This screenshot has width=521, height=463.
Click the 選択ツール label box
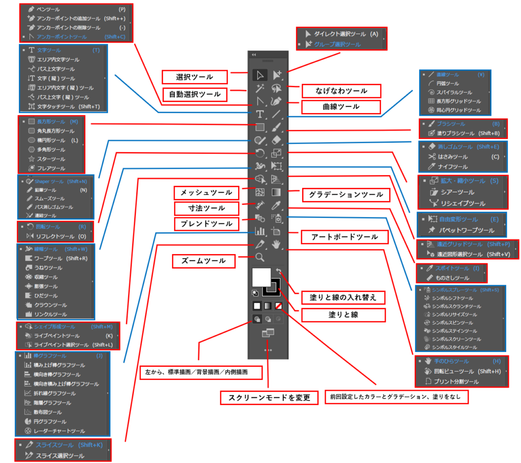click(x=195, y=77)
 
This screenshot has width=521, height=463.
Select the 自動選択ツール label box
click(x=195, y=94)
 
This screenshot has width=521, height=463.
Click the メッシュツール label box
click(x=206, y=193)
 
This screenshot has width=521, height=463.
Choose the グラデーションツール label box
click(x=342, y=194)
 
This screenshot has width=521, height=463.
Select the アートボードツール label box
click(x=342, y=236)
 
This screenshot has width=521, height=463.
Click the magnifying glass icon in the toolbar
click(x=260, y=257)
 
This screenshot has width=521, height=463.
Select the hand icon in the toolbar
click(x=277, y=245)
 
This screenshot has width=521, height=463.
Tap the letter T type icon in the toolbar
click(x=260, y=114)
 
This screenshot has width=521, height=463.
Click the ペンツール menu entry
click(x=48, y=9)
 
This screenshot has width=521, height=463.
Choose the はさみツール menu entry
click(x=453, y=156)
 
